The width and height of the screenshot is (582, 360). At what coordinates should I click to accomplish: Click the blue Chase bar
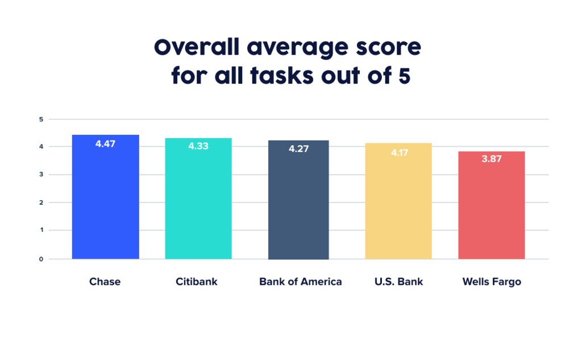[x=105, y=199]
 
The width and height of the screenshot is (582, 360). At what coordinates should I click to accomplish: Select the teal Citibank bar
[x=198, y=202]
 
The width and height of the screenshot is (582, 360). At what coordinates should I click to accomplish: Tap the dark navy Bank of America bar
[x=298, y=202]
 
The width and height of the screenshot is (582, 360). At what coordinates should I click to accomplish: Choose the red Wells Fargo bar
[x=492, y=208]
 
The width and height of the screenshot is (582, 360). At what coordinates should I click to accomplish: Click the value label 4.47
[x=105, y=144]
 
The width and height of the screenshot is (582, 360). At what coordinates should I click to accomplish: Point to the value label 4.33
[x=198, y=146]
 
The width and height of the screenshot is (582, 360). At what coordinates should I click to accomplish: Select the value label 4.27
[x=298, y=149]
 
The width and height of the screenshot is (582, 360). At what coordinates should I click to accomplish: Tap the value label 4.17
[x=398, y=152]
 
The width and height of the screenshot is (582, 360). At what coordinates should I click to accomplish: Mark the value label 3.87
[x=492, y=159]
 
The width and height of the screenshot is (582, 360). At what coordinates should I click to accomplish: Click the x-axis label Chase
[x=105, y=282]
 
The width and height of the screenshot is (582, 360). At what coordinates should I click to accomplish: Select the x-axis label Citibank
[x=197, y=282]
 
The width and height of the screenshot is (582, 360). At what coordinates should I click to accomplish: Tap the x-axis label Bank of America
[x=301, y=282]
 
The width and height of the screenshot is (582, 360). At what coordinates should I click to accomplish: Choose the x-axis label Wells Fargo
[x=492, y=282]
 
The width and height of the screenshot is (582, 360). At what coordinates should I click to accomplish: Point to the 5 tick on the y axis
[x=41, y=119]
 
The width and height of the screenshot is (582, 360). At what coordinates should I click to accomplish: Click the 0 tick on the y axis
[x=41, y=259]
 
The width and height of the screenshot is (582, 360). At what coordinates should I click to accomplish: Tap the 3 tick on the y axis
[x=41, y=175]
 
